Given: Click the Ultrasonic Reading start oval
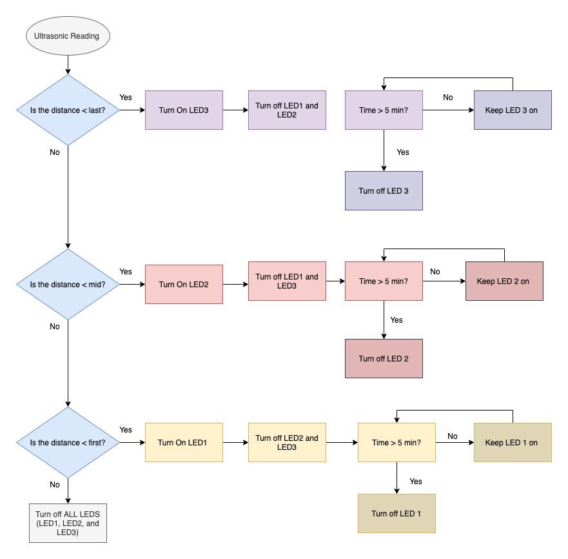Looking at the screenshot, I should coord(68,36).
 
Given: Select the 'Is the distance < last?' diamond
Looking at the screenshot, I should coord(68,110).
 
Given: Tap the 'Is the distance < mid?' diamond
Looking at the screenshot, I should coord(68,285).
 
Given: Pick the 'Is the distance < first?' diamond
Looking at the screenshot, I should coord(68,443).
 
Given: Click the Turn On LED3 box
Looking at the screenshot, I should coord(184,110).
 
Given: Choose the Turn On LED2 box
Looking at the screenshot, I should coord(184,285).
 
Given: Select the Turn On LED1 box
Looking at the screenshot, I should coord(184,443).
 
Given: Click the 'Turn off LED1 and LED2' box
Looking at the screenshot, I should coord(287,110).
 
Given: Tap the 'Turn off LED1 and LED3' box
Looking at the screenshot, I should coord(287,281).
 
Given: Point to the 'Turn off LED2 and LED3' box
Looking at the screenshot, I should coord(287,443).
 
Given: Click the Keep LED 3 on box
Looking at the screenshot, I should coord(513,110).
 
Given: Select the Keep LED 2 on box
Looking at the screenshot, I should coord(504,281).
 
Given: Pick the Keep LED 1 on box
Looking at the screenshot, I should coord(513,443).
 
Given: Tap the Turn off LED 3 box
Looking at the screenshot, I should coord(384,191).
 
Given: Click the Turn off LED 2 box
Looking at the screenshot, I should coord(384,359).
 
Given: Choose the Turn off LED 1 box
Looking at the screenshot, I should coord(397,514).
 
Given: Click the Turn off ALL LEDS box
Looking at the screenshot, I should coord(68,523).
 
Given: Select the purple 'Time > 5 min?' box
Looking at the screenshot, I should coord(384,110).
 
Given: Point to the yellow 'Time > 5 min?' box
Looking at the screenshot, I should coord(397,443).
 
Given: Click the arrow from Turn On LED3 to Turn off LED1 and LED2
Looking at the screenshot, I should coord(235,110).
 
